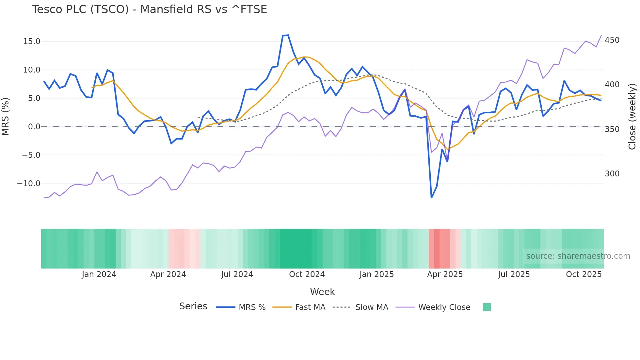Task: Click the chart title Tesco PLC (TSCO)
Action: (x=149, y=9)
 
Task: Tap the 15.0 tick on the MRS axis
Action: (x=32, y=41)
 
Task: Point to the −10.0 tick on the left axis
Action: (x=29, y=184)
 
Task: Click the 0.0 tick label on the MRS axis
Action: (x=34, y=127)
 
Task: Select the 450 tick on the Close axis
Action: (x=612, y=40)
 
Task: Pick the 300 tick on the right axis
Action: (x=612, y=174)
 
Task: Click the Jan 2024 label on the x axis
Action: (x=99, y=274)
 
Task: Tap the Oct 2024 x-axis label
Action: (x=307, y=274)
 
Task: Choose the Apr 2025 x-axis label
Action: (x=445, y=274)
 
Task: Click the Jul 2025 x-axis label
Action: (x=514, y=274)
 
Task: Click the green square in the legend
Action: (x=487, y=307)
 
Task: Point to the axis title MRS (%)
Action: (x=6, y=117)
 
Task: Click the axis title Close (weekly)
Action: (x=632, y=117)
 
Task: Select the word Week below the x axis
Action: (x=322, y=292)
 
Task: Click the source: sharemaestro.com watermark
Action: (x=578, y=256)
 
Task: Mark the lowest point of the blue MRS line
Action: (x=431, y=198)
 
